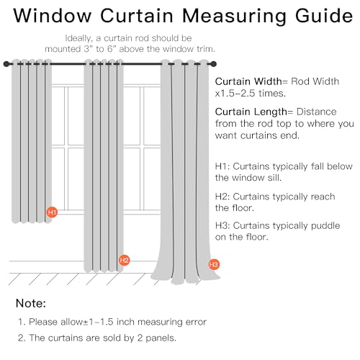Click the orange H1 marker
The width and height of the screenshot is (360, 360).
(x=52, y=212)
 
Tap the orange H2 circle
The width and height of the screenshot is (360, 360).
(x=125, y=261)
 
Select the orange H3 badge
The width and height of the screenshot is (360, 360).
(x=214, y=264)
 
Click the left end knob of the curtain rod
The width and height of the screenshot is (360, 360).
(x=6, y=64)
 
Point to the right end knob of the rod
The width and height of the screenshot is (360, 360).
(x=213, y=64)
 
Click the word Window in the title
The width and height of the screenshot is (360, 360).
(x=53, y=16)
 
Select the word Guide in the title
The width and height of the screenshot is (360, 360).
(x=324, y=16)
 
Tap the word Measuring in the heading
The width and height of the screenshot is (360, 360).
(x=234, y=17)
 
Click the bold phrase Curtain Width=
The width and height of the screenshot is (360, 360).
(x=251, y=81)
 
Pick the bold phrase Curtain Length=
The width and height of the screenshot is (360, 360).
(x=254, y=112)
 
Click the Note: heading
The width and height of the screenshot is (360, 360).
(x=31, y=303)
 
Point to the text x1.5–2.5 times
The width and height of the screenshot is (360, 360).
(x=251, y=94)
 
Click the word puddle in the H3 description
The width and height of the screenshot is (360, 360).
(x=325, y=226)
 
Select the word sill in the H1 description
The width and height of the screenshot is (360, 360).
(x=276, y=178)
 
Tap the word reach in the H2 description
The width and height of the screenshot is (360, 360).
(x=323, y=197)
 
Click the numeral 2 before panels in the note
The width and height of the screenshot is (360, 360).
(x=140, y=338)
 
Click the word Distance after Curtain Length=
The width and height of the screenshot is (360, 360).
(x=317, y=112)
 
